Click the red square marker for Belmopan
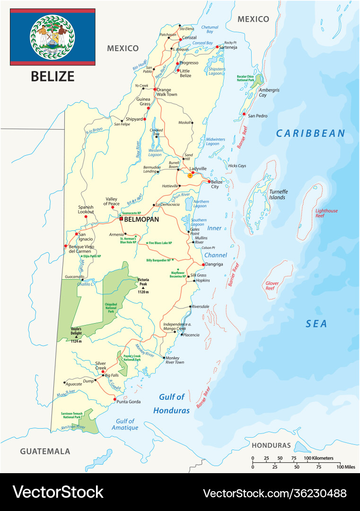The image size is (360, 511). click(121, 219)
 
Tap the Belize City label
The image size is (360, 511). click(217, 185)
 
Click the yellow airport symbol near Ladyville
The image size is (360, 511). click(190, 176)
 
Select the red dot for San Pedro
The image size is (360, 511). click(244, 114)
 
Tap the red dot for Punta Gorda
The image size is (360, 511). click(115, 399)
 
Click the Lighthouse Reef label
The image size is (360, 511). click(326, 213)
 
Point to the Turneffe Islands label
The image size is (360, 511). click(278, 194)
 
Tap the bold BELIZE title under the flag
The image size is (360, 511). click(53, 76)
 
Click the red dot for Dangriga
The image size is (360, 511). click(203, 264)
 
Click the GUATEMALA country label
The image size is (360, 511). click(45, 451)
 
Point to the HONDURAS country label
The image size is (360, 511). click(271, 445)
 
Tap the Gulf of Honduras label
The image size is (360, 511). click(171, 404)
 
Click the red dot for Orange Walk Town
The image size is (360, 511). click(154, 89)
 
